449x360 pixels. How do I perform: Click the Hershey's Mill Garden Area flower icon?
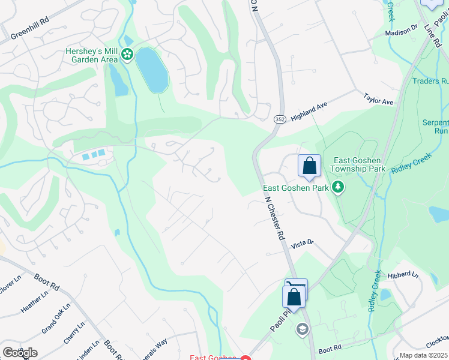click(127, 55)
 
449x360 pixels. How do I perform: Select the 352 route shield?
click(280, 120)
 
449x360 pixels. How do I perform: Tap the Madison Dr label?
click(401, 31)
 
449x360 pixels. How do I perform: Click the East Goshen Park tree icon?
click(339, 188)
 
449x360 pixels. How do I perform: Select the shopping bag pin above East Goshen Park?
click(309, 166)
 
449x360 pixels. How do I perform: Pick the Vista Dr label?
click(303, 244)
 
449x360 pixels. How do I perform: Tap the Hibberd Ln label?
click(403, 275)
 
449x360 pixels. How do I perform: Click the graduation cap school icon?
click(302, 328)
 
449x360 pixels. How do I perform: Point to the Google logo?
click(20, 353)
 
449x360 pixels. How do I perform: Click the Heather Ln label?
click(34, 302)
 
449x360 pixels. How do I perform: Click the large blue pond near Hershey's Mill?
click(152, 70)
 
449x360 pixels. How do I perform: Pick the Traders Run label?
click(430, 80)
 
